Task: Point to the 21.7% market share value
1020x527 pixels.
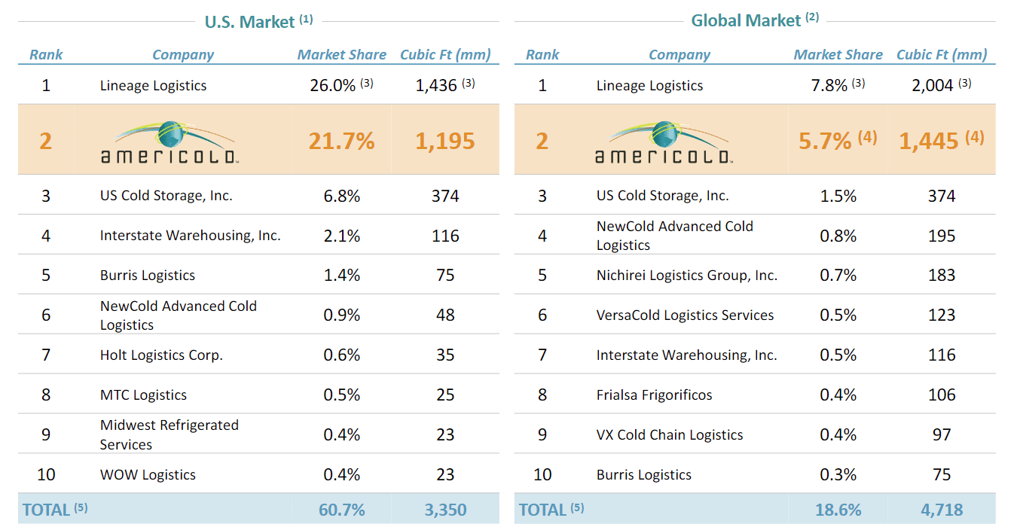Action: [x=342, y=141]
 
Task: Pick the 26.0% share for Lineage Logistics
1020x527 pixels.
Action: [x=332, y=85]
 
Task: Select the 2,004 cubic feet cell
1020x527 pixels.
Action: [x=933, y=85]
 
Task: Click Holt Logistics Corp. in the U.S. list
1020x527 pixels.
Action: [x=161, y=355]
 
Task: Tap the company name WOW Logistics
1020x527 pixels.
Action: [x=148, y=474]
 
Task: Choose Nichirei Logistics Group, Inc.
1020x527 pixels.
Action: [x=686, y=276]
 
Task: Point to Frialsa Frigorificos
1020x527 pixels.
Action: [x=654, y=394]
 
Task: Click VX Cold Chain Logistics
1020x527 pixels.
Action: [x=670, y=434]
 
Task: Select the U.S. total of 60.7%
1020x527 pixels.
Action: [x=342, y=510]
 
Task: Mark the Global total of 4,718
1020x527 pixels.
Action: [x=942, y=510]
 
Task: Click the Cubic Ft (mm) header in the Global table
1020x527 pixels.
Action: [x=942, y=54]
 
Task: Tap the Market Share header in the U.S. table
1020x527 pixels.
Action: [x=342, y=54]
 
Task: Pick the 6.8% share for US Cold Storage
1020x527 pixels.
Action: [x=342, y=196]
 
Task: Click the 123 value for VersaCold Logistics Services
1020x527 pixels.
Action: [x=942, y=315]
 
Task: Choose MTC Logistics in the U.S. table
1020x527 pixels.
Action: [x=143, y=394]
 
